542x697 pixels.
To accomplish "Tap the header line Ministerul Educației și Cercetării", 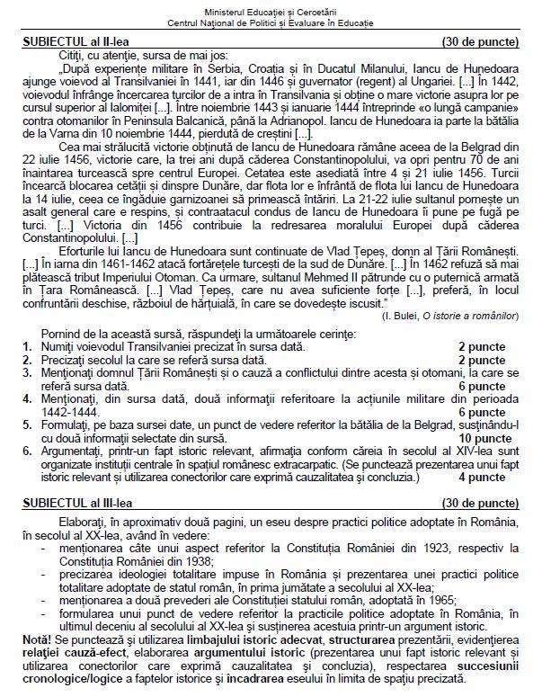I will [271, 7].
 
